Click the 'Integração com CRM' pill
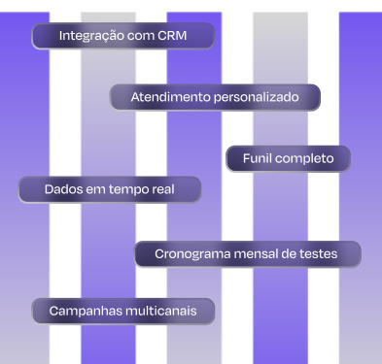coord(122,37)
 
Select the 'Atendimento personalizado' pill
coord(215,98)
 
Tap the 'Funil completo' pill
coord(288,158)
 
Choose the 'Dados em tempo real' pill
coord(110,188)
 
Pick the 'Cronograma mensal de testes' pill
coord(247,254)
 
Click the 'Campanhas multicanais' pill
coord(122,311)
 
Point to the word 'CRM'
coord(169,37)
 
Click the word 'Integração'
coord(92,37)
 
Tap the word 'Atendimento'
coord(170,98)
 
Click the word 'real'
coord(161,188)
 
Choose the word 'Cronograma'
coord(192,254)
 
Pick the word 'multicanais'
coord(160,311)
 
